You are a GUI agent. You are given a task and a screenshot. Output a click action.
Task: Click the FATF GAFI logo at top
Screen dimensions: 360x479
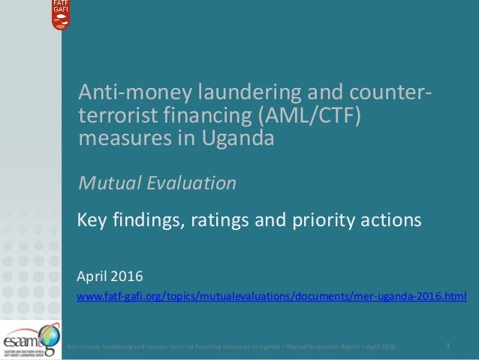pos(62,15)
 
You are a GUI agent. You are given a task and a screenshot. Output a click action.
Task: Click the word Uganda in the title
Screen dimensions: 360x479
pos(240,139)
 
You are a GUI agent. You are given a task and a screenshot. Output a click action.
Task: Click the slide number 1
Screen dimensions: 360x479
pos(447,346)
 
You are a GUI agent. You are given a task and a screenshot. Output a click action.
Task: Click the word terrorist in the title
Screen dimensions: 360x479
pos(116,118)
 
